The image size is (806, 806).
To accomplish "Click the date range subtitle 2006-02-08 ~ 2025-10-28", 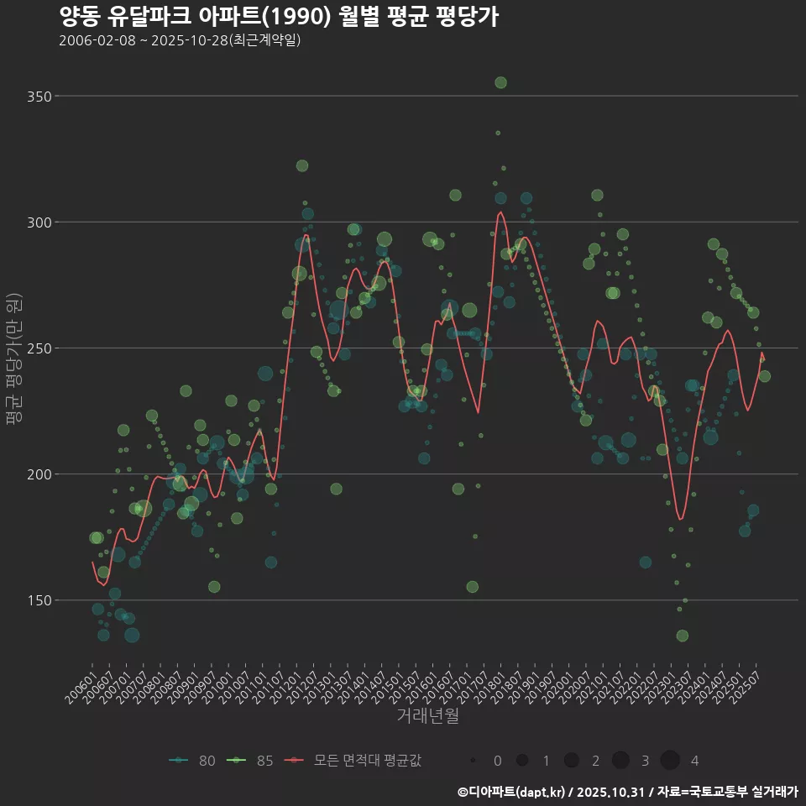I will [180, 40].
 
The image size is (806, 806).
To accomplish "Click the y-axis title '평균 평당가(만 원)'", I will [12, 361].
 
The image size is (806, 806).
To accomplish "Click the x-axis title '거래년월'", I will [427, 716].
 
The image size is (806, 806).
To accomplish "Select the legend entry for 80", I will [192, 761].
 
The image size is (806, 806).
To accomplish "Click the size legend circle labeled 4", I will [669, 761].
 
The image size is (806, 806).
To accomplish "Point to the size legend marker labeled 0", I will [474, 761].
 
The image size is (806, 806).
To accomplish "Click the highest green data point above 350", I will [500, 82].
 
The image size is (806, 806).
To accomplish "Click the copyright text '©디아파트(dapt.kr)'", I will [512, 792].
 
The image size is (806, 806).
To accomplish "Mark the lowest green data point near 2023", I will [682, 636].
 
